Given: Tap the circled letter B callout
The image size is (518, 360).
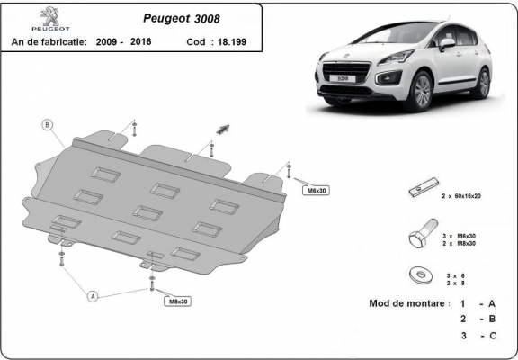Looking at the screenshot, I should [x=48, y=124].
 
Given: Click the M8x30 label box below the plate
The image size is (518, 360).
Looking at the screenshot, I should [x=178, y=301].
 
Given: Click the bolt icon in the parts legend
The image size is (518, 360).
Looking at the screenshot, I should [x=422, y=238].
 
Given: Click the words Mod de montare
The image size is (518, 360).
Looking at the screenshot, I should [x=407, y=303].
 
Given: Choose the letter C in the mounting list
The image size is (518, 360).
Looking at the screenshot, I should [x=492, y=336].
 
